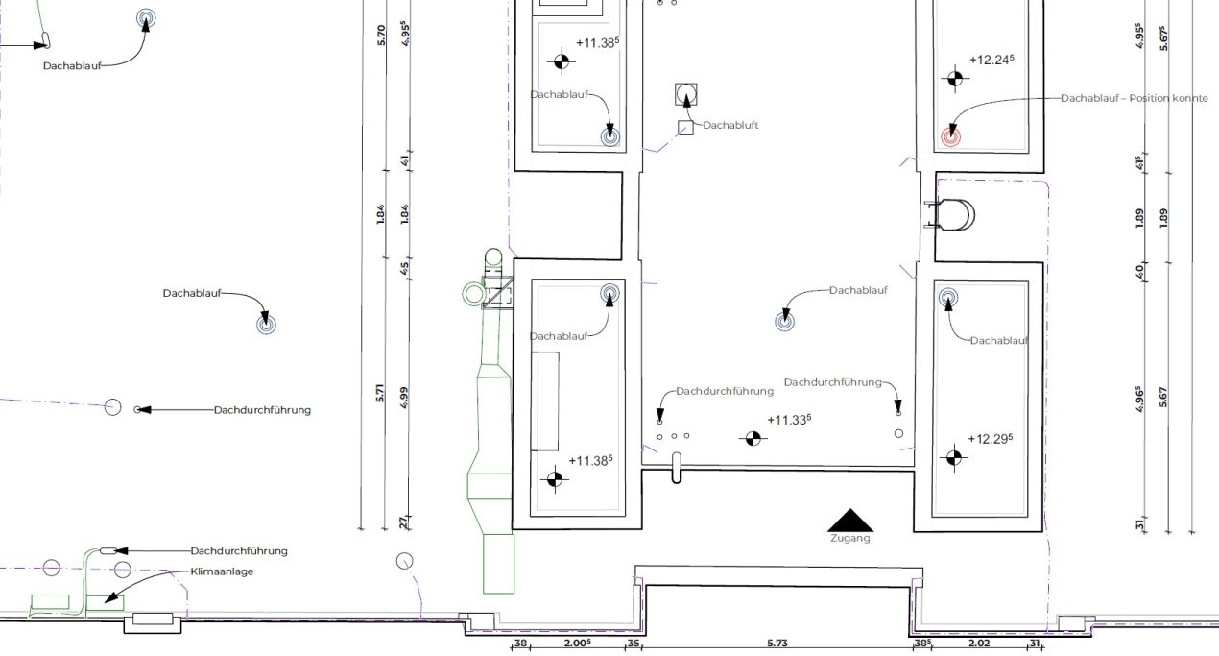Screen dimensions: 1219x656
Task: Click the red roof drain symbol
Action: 950,137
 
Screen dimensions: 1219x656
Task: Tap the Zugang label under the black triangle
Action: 850,538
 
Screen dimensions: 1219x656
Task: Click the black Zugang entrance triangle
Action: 850,521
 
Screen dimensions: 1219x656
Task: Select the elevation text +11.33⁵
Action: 789,420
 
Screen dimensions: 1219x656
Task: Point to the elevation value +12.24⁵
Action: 992,60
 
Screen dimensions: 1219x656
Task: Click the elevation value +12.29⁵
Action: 991,439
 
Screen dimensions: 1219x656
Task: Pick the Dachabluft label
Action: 730,125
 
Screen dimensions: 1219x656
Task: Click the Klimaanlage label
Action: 222,571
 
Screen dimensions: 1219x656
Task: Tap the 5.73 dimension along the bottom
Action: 777,643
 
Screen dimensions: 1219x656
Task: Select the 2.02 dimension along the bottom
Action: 980,643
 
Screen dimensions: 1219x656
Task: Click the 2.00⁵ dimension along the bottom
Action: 577,643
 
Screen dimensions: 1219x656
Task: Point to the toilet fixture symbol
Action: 950,214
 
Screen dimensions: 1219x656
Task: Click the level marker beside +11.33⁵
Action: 753,438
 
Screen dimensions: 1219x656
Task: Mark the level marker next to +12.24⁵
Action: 955,79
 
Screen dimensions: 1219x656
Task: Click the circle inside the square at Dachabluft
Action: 685,94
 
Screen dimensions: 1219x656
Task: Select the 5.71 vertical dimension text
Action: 380,393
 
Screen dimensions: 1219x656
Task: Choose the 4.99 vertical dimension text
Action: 404,398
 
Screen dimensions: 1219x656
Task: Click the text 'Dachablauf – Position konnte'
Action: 1135,99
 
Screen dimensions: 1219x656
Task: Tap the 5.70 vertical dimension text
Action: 381,36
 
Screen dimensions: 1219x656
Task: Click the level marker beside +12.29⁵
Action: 953,458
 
